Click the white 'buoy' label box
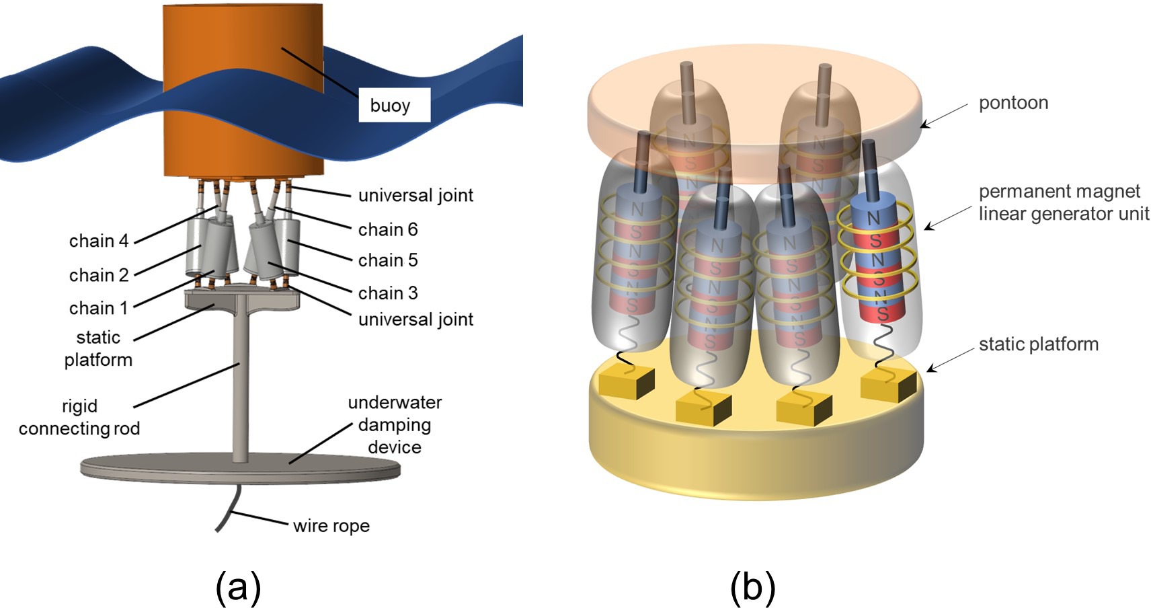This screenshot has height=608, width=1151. click(394, 105)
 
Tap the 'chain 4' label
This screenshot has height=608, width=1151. click(98, 241)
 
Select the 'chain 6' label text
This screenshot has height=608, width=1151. click(388, 229)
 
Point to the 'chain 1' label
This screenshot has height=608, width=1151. click(98, 308)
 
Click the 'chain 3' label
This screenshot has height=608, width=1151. click(388, 293)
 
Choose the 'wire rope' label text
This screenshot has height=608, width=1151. click(331, 525)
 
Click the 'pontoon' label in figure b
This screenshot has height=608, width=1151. click(1013, 103)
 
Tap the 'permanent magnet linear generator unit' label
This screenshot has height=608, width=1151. click(1063, 202)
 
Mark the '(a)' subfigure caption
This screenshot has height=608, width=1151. click(238, 587)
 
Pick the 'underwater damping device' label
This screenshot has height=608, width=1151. click(395, 424)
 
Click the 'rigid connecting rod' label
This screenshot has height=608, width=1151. click(79, 417)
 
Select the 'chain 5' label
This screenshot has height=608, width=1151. click(388, 260)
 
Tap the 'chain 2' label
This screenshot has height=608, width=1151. click(98, 275)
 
